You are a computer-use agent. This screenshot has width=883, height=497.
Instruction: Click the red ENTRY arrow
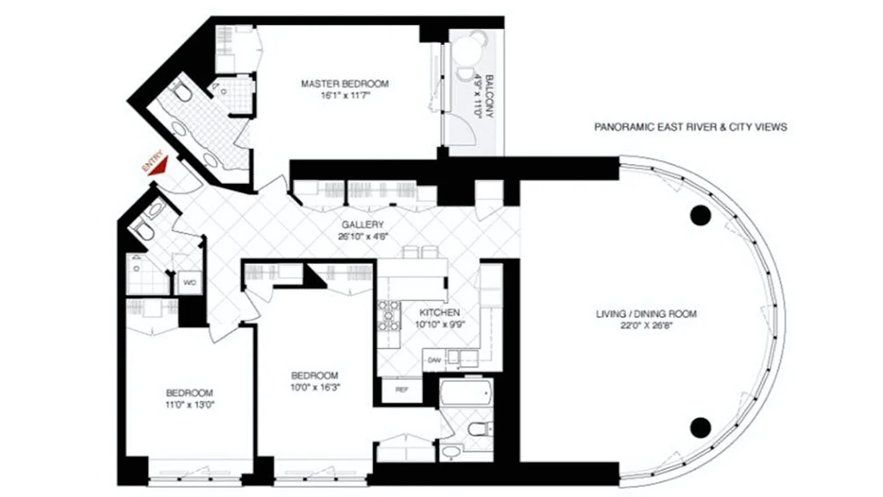point(160,165)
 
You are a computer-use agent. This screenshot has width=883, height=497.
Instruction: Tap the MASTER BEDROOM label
point(345,83)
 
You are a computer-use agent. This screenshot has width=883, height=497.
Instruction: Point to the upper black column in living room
point(700,215)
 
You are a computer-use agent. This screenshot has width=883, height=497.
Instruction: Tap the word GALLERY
point(362,225)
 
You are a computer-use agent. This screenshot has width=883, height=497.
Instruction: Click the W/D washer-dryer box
point(189,283)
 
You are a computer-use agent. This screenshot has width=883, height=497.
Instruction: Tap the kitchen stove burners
point(389,316)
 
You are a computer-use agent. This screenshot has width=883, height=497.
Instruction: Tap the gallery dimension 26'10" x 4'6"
point(362,236)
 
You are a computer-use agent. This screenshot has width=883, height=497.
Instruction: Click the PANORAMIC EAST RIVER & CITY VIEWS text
point(691,127)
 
